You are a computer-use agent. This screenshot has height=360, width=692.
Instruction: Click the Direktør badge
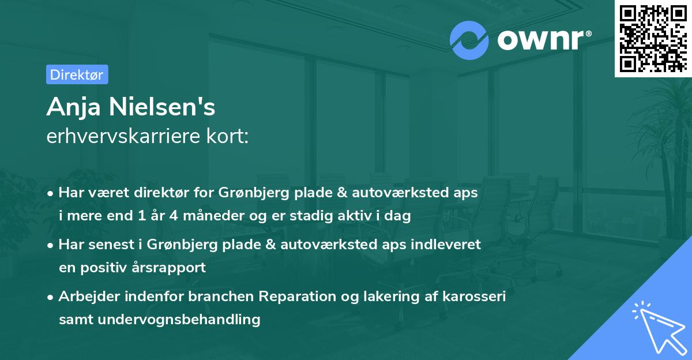[x=77, y=74]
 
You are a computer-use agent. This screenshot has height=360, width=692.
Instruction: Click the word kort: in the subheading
[x=230, y=136]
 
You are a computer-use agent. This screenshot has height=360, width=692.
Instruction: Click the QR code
[x=653, y=38]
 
